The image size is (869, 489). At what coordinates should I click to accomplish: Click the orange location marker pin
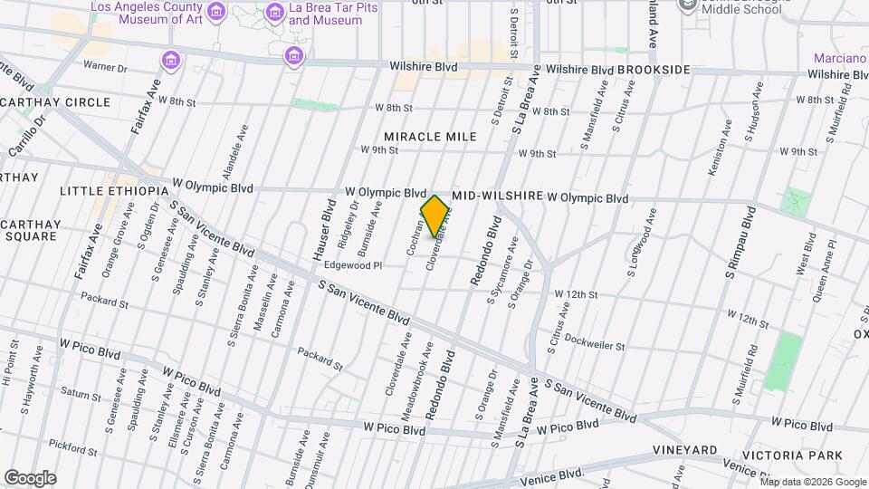(435, 216)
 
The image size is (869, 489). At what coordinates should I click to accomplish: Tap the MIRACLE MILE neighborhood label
(430, 137)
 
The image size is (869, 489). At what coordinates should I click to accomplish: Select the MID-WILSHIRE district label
(496, 196)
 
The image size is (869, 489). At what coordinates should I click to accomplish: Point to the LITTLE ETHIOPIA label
(114, 191)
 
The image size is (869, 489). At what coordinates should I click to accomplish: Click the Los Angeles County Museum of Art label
(147, 13)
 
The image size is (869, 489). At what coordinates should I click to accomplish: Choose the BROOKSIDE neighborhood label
(654, 70)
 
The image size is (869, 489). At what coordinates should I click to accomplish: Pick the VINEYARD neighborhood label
(685, 450)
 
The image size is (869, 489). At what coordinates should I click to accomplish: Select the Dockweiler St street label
(594, 345)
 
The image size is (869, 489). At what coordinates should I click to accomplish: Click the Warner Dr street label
(106, 66)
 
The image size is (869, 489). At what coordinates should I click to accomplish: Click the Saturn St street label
(81, 393)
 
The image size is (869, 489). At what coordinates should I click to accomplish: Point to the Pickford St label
(73, 445)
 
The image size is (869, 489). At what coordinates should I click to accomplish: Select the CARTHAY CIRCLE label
(55, 102)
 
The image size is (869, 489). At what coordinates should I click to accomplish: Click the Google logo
(30, 477)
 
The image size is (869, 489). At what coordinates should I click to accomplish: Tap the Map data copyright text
(812, 481)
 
